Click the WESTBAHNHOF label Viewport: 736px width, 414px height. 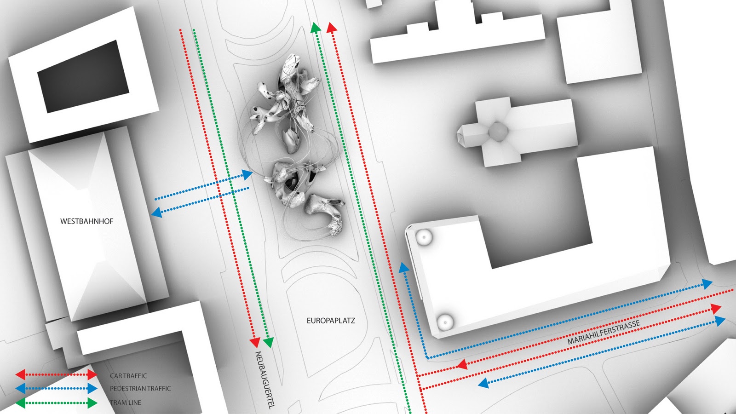[x=86, y=221]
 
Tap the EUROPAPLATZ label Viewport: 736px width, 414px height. [x=331, y=321]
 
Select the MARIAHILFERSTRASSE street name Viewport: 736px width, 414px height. [x=604, y=333]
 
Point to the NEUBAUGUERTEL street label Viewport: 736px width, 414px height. [x=264, y=380]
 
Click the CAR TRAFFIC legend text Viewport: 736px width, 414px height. [x=128, y=376]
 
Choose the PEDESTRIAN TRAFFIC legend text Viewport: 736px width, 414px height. [x=140, y=389]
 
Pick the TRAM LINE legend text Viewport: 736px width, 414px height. [x=126, y=402]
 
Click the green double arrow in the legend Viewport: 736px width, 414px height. [x=56, y=403]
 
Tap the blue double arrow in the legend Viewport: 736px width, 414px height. [x=56, y=389]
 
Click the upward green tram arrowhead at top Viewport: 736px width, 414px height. [x=315, y=28]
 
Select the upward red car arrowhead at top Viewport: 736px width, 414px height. [x=332, y=28]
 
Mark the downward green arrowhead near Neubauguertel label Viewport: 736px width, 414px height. [x=269, y=343]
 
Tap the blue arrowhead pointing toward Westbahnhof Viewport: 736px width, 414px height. [x=156, y=213]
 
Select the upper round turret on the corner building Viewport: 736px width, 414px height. [x=423, y=237]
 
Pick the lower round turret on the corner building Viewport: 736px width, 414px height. [x=445, y=322]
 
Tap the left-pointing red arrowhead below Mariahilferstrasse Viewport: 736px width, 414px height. [x=461, y=365]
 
